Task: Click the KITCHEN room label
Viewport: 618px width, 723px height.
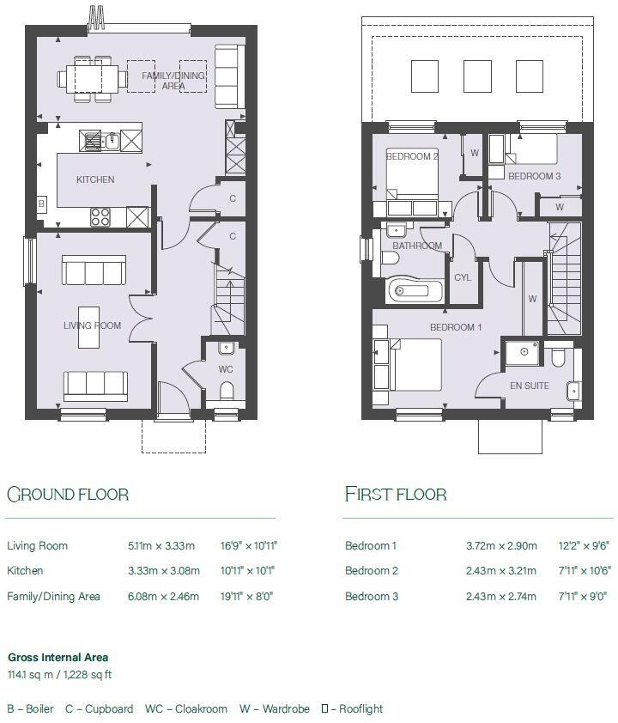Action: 95,179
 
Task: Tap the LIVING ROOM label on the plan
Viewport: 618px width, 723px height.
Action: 92,325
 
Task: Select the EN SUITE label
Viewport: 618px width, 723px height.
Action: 529,386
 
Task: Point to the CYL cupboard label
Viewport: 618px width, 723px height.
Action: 463,277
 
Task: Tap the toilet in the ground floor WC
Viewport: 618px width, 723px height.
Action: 227,391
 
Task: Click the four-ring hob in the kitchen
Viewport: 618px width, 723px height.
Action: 100,216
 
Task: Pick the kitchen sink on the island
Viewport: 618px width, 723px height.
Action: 111,139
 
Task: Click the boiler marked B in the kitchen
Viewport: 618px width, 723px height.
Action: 41,204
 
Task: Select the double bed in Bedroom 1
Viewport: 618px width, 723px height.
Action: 408,363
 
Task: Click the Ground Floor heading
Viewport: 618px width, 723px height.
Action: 68,494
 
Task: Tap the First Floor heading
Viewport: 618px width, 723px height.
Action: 396,494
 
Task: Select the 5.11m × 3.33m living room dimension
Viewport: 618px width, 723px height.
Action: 161,545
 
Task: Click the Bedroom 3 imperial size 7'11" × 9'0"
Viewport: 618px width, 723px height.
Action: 582,596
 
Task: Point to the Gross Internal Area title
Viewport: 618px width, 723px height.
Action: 58,658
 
